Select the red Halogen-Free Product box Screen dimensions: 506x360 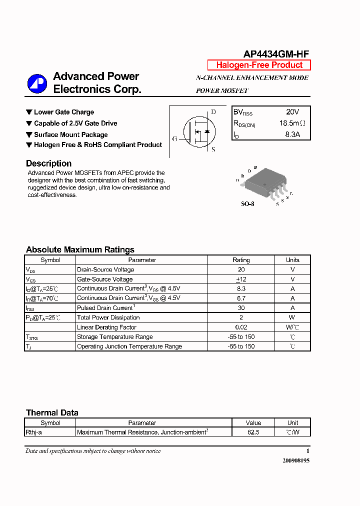259,65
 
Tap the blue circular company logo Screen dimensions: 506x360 36,83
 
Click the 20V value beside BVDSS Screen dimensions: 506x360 292,112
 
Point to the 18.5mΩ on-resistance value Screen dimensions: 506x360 292,123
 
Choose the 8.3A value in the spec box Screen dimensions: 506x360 292,134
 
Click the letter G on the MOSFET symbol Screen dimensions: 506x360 174,138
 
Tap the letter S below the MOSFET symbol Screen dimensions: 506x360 213,149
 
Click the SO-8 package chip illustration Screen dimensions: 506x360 263,183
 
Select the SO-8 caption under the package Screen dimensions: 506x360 247,204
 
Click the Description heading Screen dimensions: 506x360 48,163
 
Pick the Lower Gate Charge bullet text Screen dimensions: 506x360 63,112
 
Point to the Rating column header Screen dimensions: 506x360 241,260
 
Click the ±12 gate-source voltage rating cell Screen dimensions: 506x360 241,279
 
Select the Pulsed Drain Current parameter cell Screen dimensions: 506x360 105,308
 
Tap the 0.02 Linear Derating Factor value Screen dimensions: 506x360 241,327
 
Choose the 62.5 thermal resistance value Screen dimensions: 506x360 253,432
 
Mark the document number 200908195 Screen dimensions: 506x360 296,460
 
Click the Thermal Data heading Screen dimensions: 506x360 52,412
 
